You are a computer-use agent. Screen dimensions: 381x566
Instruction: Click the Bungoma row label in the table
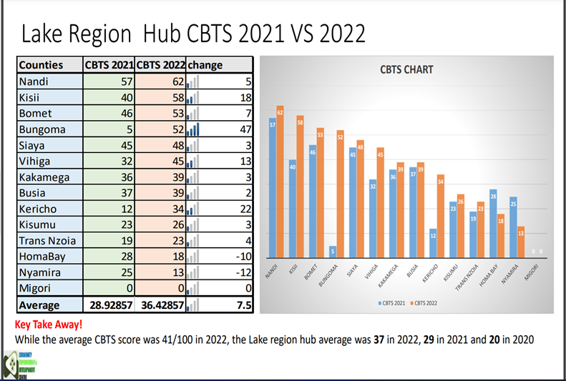pyautogui.click(x=42, y=129)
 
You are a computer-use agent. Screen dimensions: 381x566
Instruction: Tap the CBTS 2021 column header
pyautogui.click(x=108, y=65)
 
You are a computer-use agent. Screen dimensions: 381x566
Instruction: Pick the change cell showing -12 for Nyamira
pyautogui.click(x=243, y=274)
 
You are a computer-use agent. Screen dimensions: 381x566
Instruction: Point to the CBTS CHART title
pyautogui.click(x=406, y=70)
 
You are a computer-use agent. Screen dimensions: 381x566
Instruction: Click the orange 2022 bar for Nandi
pyautogui.click(x=280, y=182)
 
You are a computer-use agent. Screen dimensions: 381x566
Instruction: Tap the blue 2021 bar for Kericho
pyautogui.click(x=434, y=242)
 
